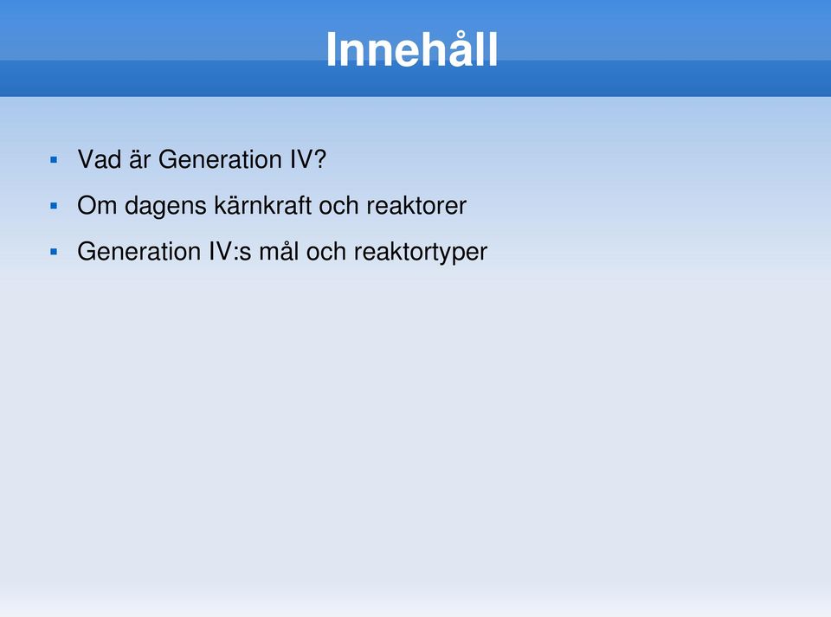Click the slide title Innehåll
point(412,48)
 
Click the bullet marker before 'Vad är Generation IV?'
point(54,159)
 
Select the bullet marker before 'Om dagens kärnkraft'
point(54,205)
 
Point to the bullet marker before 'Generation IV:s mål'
point(54,252)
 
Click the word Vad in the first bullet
point(99,159)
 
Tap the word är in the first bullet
point(140,159)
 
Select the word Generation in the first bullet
point(220,159)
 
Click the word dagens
point(165,207)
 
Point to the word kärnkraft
point(262,205)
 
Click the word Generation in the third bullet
point(138,252)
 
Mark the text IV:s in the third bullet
point(230,252)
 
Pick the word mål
point(279,252)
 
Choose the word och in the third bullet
point(326,252)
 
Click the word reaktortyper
point(421,254)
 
